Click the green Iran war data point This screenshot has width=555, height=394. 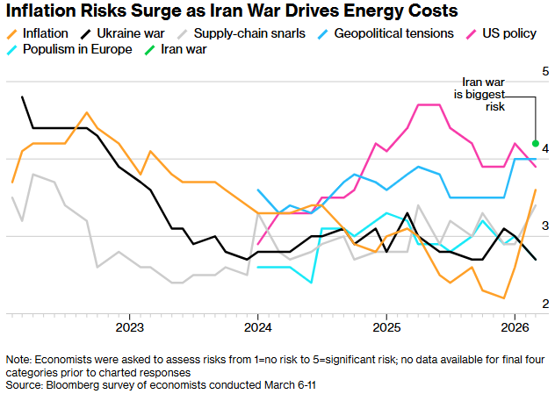click(x=536, y=143)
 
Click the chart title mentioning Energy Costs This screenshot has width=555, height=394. click(x=231, y=11)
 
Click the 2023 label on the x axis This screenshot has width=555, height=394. click(x=130, y=326)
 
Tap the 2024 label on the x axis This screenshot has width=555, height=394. click(x=257, y=326)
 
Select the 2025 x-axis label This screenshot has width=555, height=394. click(x=385, y=326)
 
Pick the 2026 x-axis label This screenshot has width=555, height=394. click(x=513, y=326)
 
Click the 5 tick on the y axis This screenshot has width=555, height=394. click(x=545, y=70)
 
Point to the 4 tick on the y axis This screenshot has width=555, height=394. click(x=545, y=148)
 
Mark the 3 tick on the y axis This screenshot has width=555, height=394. click(x=545, y=226)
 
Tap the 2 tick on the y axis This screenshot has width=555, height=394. click(x=545, y=304)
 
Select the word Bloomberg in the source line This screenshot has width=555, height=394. click(x=74, y=384)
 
